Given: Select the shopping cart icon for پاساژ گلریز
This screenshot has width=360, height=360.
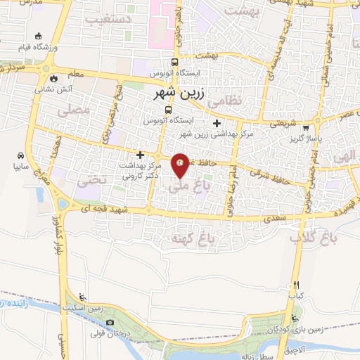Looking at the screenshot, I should [x=306, y=128].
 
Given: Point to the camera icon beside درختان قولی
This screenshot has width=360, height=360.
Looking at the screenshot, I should [x=110, y=323].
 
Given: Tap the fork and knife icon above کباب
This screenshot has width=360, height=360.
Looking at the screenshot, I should [x=296, y=285].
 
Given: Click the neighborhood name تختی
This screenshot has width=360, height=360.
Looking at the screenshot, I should [x=98, y=179].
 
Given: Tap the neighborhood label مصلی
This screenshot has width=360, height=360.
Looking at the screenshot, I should [x=77, y=111].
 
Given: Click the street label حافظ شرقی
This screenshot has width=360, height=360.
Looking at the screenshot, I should [x=271, y=171].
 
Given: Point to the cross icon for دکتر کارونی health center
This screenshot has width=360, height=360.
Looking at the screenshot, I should [x=141, y=155].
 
